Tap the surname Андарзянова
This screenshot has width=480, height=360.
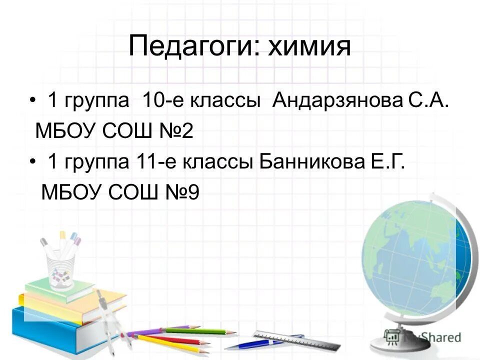click(336, 101)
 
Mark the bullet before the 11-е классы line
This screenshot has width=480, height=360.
click(33, 163)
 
